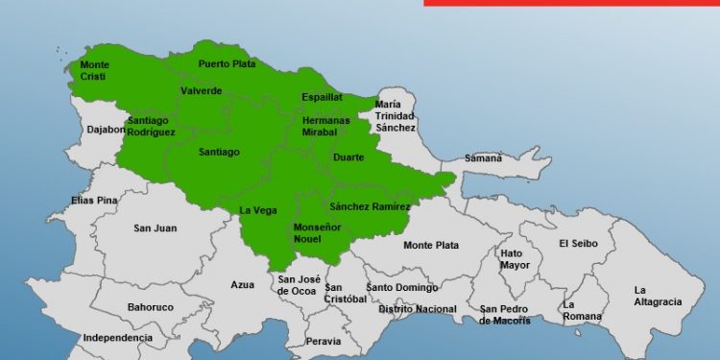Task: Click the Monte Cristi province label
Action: click(x=95, y=71)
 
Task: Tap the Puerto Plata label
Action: click(x=223, y=64)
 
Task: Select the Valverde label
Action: click(x=201, y=91)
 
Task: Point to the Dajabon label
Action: click(x=106, y=129)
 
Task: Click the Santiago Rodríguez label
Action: click(x=151, y=127)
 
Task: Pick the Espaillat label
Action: click(x=322, y=98)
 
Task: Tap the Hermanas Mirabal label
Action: click(x=326, y=127)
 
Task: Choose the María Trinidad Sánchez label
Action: click(x=396, y=115)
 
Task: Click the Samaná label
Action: click(x=483, y=157)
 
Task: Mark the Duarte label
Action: click(x=348, y=157)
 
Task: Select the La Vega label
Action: click(x=257, y=210)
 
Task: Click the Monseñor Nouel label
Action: click(x=316, y=232)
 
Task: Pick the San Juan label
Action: click(x=155, y=228)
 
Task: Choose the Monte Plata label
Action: click(x=431, y=246)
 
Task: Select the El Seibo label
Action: click(x=578, y=244)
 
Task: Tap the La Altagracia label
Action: click(x=658, y=296)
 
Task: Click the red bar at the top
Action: click(x=571, y=3)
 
